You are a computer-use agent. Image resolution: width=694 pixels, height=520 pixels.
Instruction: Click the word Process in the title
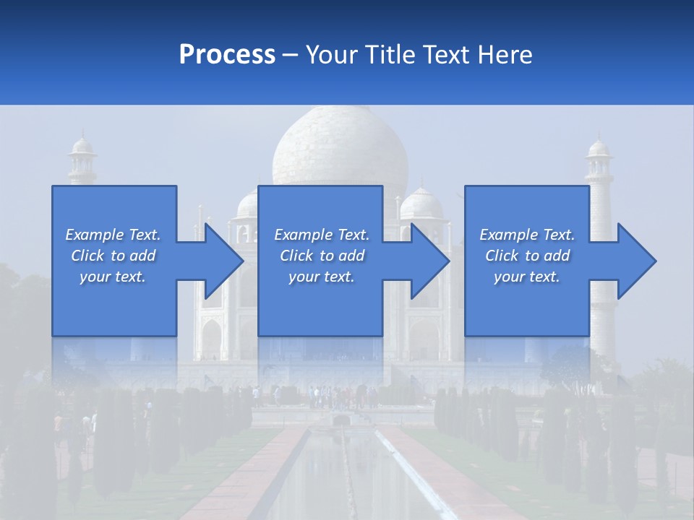tap(226, 55)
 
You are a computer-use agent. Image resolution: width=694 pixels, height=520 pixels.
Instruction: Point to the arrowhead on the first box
tap(223, 261)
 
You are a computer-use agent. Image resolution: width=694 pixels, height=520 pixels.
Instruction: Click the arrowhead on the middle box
tap(429, 261)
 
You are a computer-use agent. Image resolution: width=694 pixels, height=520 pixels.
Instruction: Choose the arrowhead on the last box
tap(636, 261)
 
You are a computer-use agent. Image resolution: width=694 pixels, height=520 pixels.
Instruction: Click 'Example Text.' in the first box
tap(113, 235)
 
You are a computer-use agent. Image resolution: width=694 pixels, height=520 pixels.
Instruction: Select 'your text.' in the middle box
tap(321, 277)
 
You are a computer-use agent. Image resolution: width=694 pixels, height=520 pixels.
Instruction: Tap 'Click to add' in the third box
tap(527, 256)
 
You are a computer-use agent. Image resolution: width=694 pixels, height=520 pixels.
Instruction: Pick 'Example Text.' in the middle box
tap(321, 235)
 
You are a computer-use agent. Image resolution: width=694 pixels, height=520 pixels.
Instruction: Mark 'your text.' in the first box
tap(113, 277)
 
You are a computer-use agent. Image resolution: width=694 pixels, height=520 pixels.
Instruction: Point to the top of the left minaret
tap(82, 147)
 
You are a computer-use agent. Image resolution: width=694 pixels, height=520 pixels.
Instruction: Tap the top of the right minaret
tap(599, 148)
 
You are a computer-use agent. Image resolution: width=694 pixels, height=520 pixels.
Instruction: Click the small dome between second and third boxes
tap(421, 203)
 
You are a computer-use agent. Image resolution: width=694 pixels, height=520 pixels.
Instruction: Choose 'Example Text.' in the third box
tap(527, 235)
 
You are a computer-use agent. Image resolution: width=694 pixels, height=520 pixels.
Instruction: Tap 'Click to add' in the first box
tap(113, 256)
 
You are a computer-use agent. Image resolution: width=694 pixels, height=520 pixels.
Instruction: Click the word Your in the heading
tap(330, 55)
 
